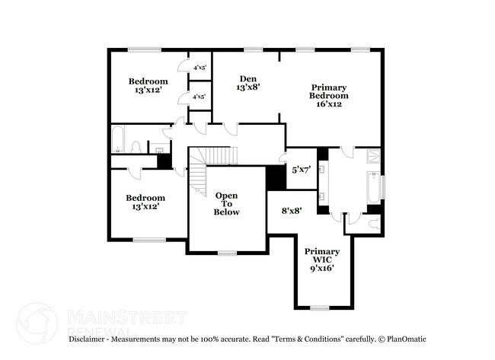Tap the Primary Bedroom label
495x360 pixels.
tap(329, 91)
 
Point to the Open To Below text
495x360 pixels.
tap(226, 203)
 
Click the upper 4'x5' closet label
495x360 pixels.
tap(200, 68)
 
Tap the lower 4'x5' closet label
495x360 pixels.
tap(200, 97)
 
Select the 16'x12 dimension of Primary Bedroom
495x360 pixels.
tap(329, 104)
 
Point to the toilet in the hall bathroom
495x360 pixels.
tap(136, 145)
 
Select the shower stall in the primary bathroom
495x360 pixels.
tap(375, 157)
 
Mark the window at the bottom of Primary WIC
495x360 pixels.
tap(320, 307)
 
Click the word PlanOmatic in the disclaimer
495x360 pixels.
tap(407, 338)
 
